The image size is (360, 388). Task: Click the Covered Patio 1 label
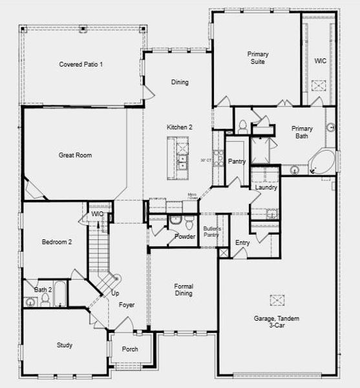(x=81, y=64)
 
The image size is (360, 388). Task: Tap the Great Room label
(x=76, y=155)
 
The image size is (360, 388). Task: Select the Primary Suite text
(x=258, y=58)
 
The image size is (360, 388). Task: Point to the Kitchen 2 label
(x=179, y=127)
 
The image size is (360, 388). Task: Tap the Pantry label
(x=237, y=162)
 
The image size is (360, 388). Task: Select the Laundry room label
(x=266, y=188)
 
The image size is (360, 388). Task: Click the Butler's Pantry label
(x=212, y=232)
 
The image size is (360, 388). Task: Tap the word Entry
(x=242, y=242)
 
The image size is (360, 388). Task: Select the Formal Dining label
(x=184, y=290)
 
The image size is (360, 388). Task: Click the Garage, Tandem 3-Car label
(x=277, y=322)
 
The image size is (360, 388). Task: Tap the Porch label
(x=130, y=349)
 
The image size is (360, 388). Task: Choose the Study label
(x=65, y=345)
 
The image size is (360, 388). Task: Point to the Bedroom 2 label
(x=57, y=242)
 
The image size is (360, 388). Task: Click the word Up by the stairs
(x=115, y=293)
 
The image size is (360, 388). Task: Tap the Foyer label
(x=127, y=305)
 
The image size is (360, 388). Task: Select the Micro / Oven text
(x=192, y=196)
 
